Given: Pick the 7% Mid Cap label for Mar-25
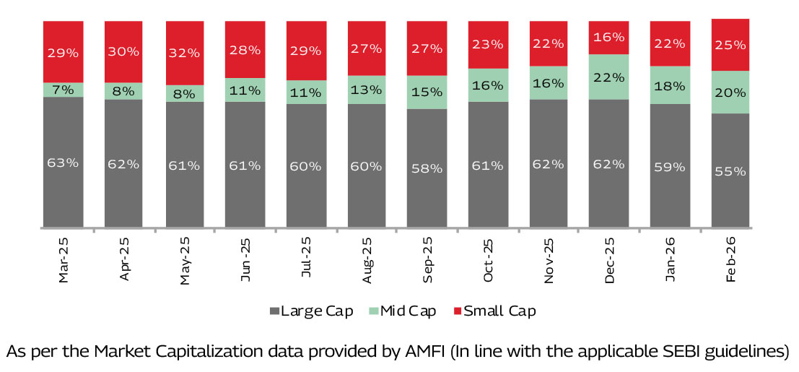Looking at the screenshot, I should [x=63, y=90].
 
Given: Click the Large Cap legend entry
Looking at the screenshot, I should [x=311, y=311].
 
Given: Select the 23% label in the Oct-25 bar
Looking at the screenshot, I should [x=487, y=44].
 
